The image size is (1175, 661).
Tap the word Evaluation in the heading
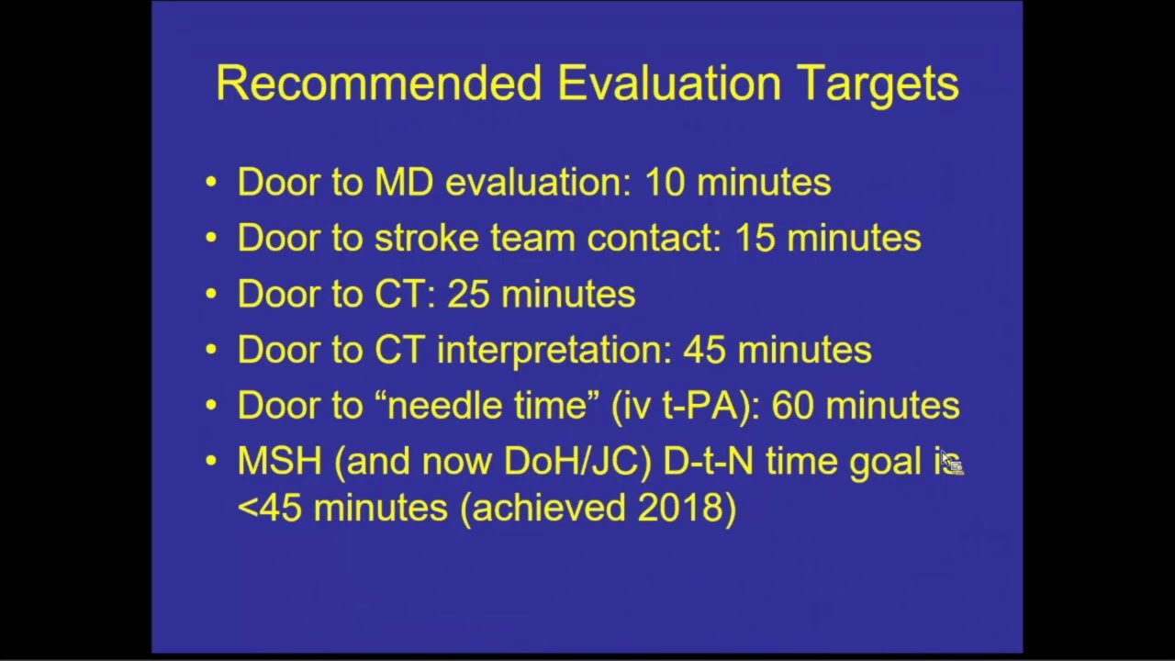coord(669,84)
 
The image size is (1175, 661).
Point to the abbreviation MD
coord(403,183)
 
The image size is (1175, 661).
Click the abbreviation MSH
coord(279,462)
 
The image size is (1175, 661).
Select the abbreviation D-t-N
coord(708,462)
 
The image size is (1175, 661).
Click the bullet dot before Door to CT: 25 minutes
coord(212,295)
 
